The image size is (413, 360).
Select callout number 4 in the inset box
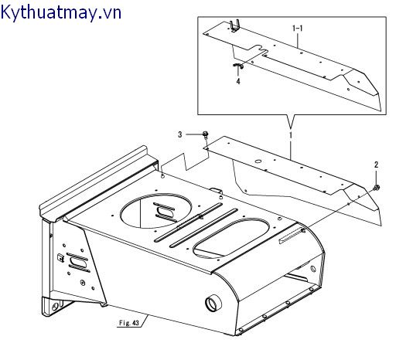click(238, 80)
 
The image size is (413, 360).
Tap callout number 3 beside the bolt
click(180, 134)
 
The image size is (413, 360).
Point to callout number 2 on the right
click(376, 165)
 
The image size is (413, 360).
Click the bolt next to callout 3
click(205, 135)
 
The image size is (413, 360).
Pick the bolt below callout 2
click(374, 186)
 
